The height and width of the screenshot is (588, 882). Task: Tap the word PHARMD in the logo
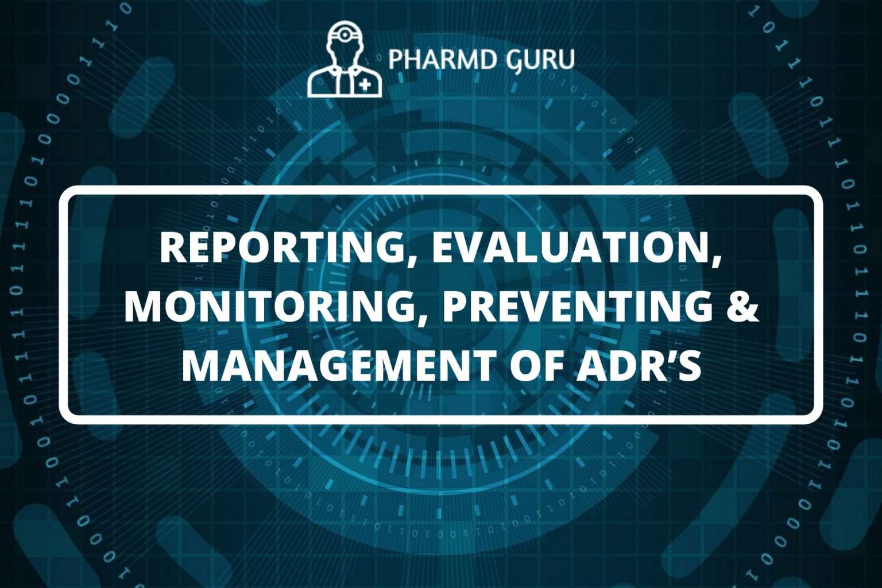[434, 59]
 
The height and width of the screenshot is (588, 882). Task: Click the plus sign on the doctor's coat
[365, 86]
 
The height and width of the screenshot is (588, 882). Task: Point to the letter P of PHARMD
[395, 59]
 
